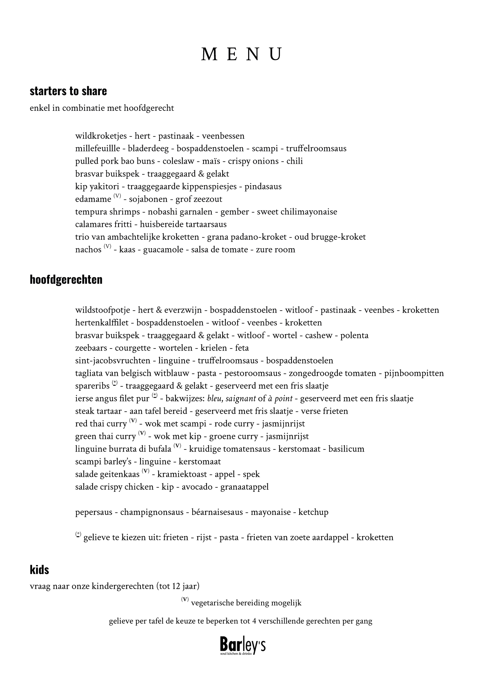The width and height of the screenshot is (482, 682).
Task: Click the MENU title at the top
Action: (241, 54)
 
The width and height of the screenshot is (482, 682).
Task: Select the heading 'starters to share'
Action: (68, 91)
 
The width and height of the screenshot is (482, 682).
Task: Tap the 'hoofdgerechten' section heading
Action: (66, 279)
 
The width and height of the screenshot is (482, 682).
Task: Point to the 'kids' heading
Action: (39, 570)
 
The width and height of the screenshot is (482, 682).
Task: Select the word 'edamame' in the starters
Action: (93, 199)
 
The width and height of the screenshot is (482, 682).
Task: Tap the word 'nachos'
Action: (88, 250)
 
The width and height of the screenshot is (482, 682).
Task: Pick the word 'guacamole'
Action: (163, 250)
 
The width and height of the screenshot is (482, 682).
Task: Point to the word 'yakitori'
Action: (104, 187)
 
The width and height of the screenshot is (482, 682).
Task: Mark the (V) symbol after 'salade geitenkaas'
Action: (146, 472)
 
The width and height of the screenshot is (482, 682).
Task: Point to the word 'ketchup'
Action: (313, 512)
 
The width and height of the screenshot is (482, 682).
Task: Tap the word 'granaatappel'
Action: (244, 487)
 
